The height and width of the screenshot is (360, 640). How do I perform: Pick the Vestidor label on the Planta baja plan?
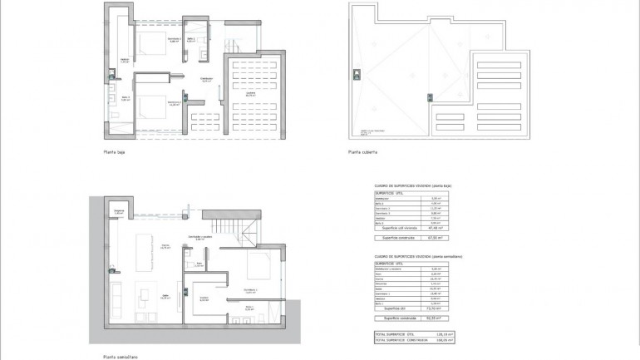click(x=125, y=61)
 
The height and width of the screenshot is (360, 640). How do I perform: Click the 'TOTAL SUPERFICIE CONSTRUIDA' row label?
click(x=400, y=340)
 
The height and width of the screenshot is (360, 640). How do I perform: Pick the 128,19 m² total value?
click(x=438, y=333)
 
